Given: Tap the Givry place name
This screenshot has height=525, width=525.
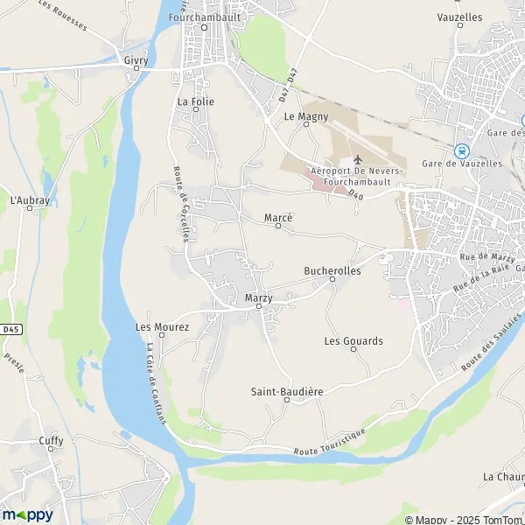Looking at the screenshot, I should tap(136, 60).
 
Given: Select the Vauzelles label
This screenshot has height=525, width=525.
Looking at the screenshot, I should tap(458, 17).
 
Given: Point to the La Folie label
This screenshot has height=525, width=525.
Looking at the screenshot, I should tap(195, 101).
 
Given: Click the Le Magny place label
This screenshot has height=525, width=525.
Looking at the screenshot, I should tap(306, 115).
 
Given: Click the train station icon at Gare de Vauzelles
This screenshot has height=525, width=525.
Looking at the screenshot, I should tap(461, 150).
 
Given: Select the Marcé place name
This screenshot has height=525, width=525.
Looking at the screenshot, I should tap(278, 217).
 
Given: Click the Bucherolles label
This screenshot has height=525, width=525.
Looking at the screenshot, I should tap(332, 271).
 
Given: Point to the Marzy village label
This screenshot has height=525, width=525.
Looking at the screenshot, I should tap(258, 298).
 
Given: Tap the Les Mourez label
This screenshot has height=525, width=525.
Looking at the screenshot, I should tap(162, 326).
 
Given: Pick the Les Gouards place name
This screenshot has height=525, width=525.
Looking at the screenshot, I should tap(353, 340).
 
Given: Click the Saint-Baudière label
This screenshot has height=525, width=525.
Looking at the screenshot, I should tap(287, 391).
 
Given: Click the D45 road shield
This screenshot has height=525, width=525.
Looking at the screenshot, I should tap(10, 329).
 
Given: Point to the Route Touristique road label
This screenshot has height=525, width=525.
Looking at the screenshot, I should tap(331, 442).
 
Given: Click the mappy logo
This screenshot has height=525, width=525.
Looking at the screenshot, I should tap(27, 514).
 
